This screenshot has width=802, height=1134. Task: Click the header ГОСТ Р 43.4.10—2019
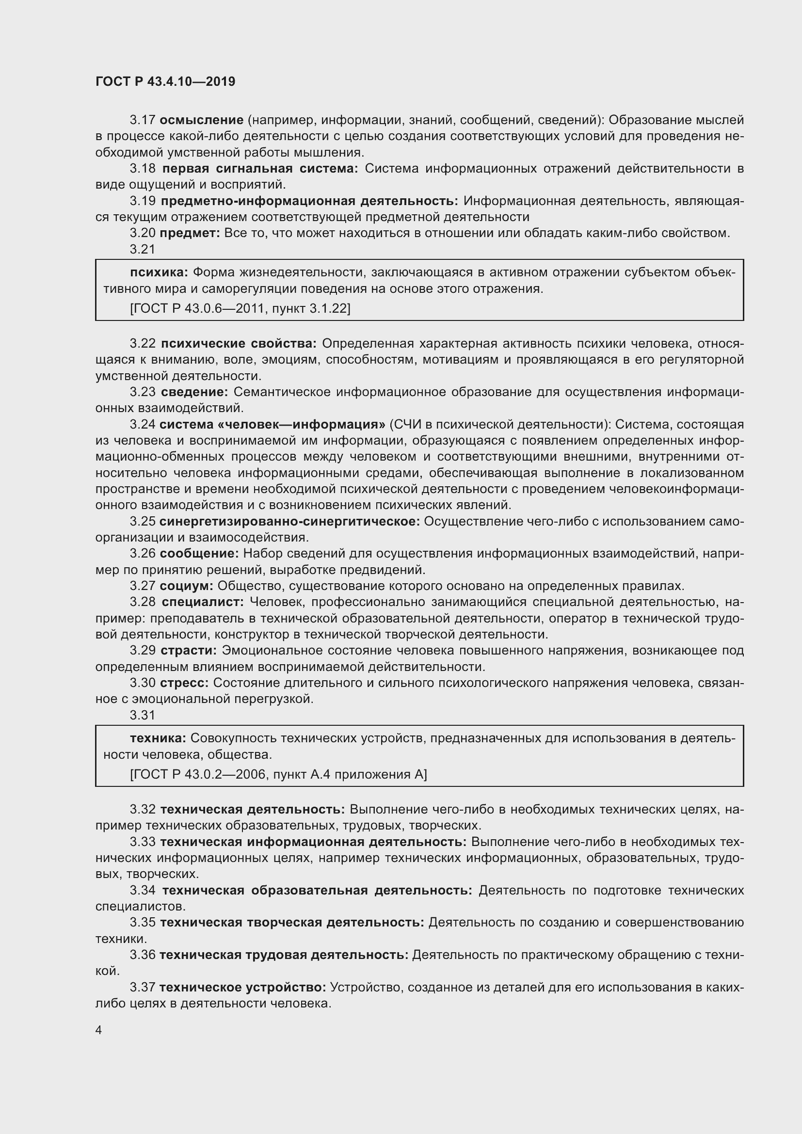pyautogui.click(x=165, y=81)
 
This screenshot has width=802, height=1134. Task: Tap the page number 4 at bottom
pyautogui.click(x=99, y=1030)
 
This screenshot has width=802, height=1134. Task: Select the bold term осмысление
pyautogui.click(x=202, y=120)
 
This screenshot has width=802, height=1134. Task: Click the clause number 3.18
pyautogui.click(x=143, y=169)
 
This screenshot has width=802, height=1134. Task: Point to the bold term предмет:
pyautogui.click(x=190, y=233)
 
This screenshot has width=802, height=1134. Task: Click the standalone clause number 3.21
pyautogui.click(x=143, y=249)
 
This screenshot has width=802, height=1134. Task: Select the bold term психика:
pyautogui.click(x=159, y=272)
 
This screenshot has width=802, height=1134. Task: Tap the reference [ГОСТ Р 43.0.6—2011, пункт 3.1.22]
pyautogui.click(x=240, y=309)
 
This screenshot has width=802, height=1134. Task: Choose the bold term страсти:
pyautogui.click(x=189, y=651)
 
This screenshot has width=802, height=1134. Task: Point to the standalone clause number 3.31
pyautogui.click(x=143, y=715)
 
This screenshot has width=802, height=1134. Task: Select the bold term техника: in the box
pyautogui.click(x=158, y=738)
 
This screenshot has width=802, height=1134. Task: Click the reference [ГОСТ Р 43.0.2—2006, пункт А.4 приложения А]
pyautogui.click(x=278, y=774)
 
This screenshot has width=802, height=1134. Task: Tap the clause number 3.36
pyautogui.click(x=143, y=955)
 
